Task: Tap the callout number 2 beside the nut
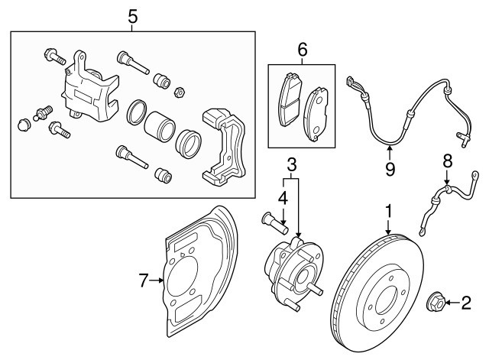[465, 304]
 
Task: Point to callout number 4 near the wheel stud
[282, 198]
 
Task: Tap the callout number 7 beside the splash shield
[142, 281]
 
